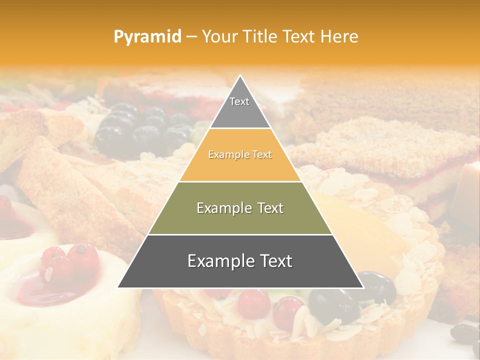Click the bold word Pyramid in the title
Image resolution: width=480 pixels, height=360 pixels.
(147, 37)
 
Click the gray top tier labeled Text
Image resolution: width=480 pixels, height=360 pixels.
(240, 107)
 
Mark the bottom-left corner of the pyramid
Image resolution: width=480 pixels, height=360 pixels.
(118, 287)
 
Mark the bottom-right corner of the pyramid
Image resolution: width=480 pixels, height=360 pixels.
(362, 287)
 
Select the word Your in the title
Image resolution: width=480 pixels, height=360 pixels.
(218, 37)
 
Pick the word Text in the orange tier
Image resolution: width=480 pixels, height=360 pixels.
(262, 155)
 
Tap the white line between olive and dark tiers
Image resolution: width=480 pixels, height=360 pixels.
(240, 234)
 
